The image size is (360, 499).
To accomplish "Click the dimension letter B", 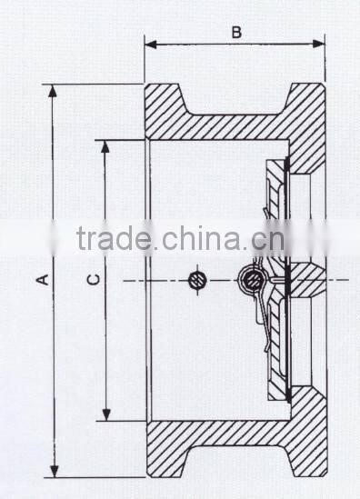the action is (x=235, y=33).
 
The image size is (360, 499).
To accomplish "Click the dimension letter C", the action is (x=93, y=281).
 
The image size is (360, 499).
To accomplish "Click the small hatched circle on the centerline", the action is (x=196, y=280).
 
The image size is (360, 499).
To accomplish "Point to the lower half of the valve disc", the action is (x=276, y=354).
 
